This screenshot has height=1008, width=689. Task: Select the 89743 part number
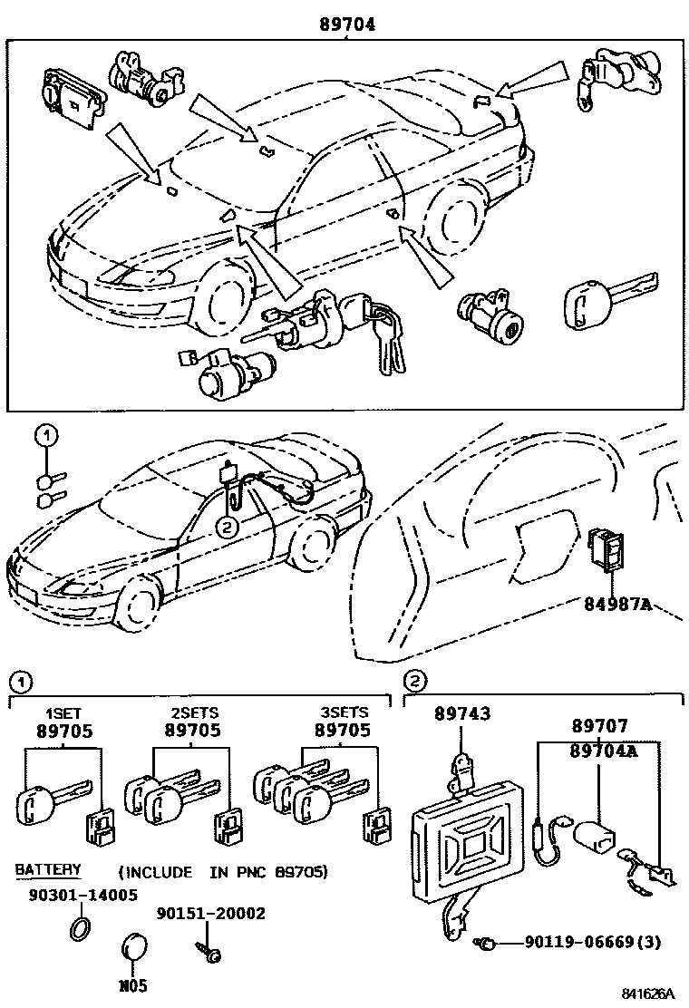(461, 714)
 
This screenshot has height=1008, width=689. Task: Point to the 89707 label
(598, 726)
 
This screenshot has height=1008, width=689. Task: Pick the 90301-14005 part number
(76, 895)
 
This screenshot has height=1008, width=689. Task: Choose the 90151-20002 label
(211, 913)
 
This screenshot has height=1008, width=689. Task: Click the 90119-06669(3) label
(593, 943)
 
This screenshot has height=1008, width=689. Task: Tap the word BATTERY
(47, 870)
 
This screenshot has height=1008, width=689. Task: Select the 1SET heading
(63, 713)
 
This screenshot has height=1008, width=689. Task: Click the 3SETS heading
(344, 713)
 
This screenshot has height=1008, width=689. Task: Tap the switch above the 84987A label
(605, 549)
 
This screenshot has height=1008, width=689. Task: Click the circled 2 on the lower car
(227, 524)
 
